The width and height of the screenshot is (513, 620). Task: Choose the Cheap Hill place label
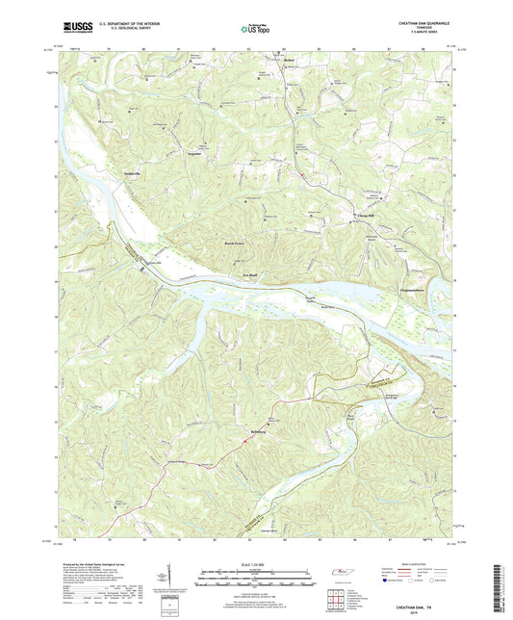pos(369,214)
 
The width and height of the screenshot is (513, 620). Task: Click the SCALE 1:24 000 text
pos(256,564)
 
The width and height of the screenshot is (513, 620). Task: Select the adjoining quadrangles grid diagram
pos(334,596)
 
